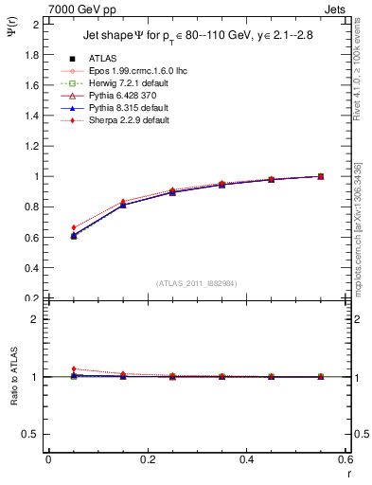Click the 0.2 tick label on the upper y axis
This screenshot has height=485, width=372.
click(x=33, y=297)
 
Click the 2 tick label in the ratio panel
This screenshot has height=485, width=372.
click(x=38, y=319)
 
